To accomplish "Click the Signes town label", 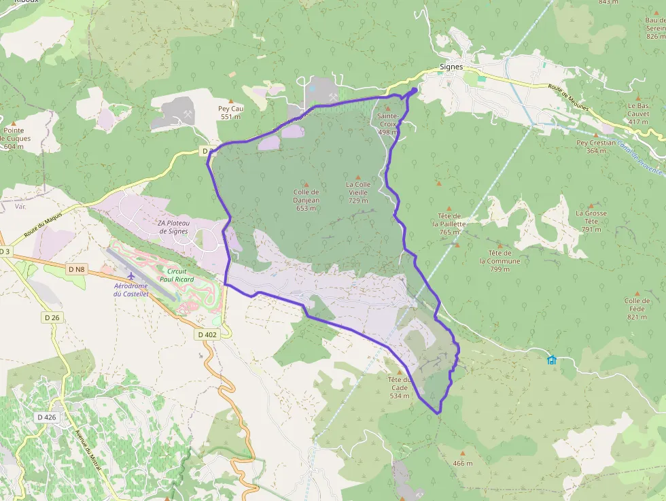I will click(x=451, y=67).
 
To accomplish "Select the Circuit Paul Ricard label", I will click(x=177, y=275).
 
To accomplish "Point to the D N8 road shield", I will click(x=77, y=269).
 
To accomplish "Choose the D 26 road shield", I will click(x=52, y=317).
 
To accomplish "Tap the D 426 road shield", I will click(x=47, y=417).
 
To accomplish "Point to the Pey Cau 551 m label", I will click(x=231, y=112).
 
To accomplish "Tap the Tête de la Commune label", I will click(x=500, y=261).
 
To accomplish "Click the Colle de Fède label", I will click(x=637, y=309).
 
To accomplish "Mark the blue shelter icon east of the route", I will click(x=552, y=360).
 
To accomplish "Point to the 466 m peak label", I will click(x=462, y=463).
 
